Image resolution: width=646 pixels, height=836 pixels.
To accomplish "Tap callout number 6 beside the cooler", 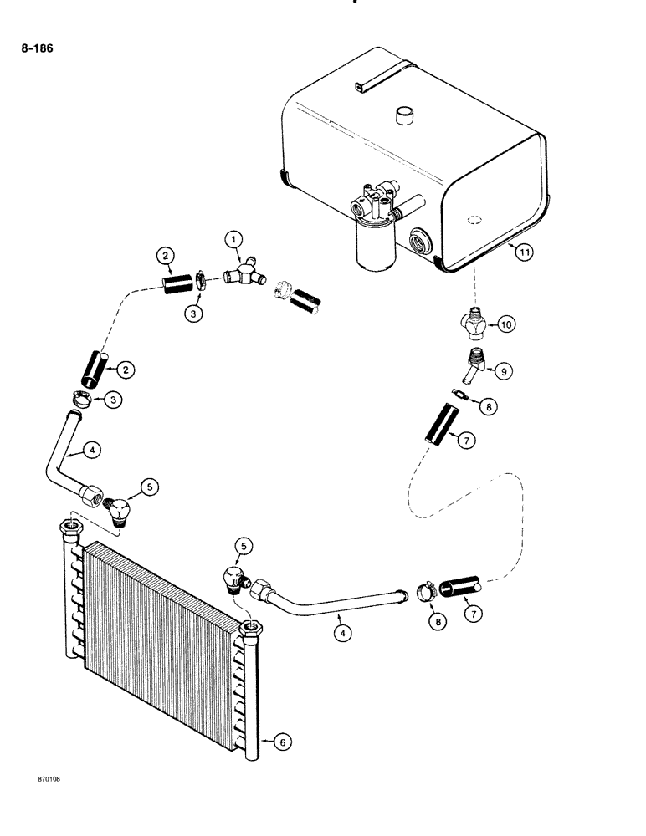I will click(x=283, y=741).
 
